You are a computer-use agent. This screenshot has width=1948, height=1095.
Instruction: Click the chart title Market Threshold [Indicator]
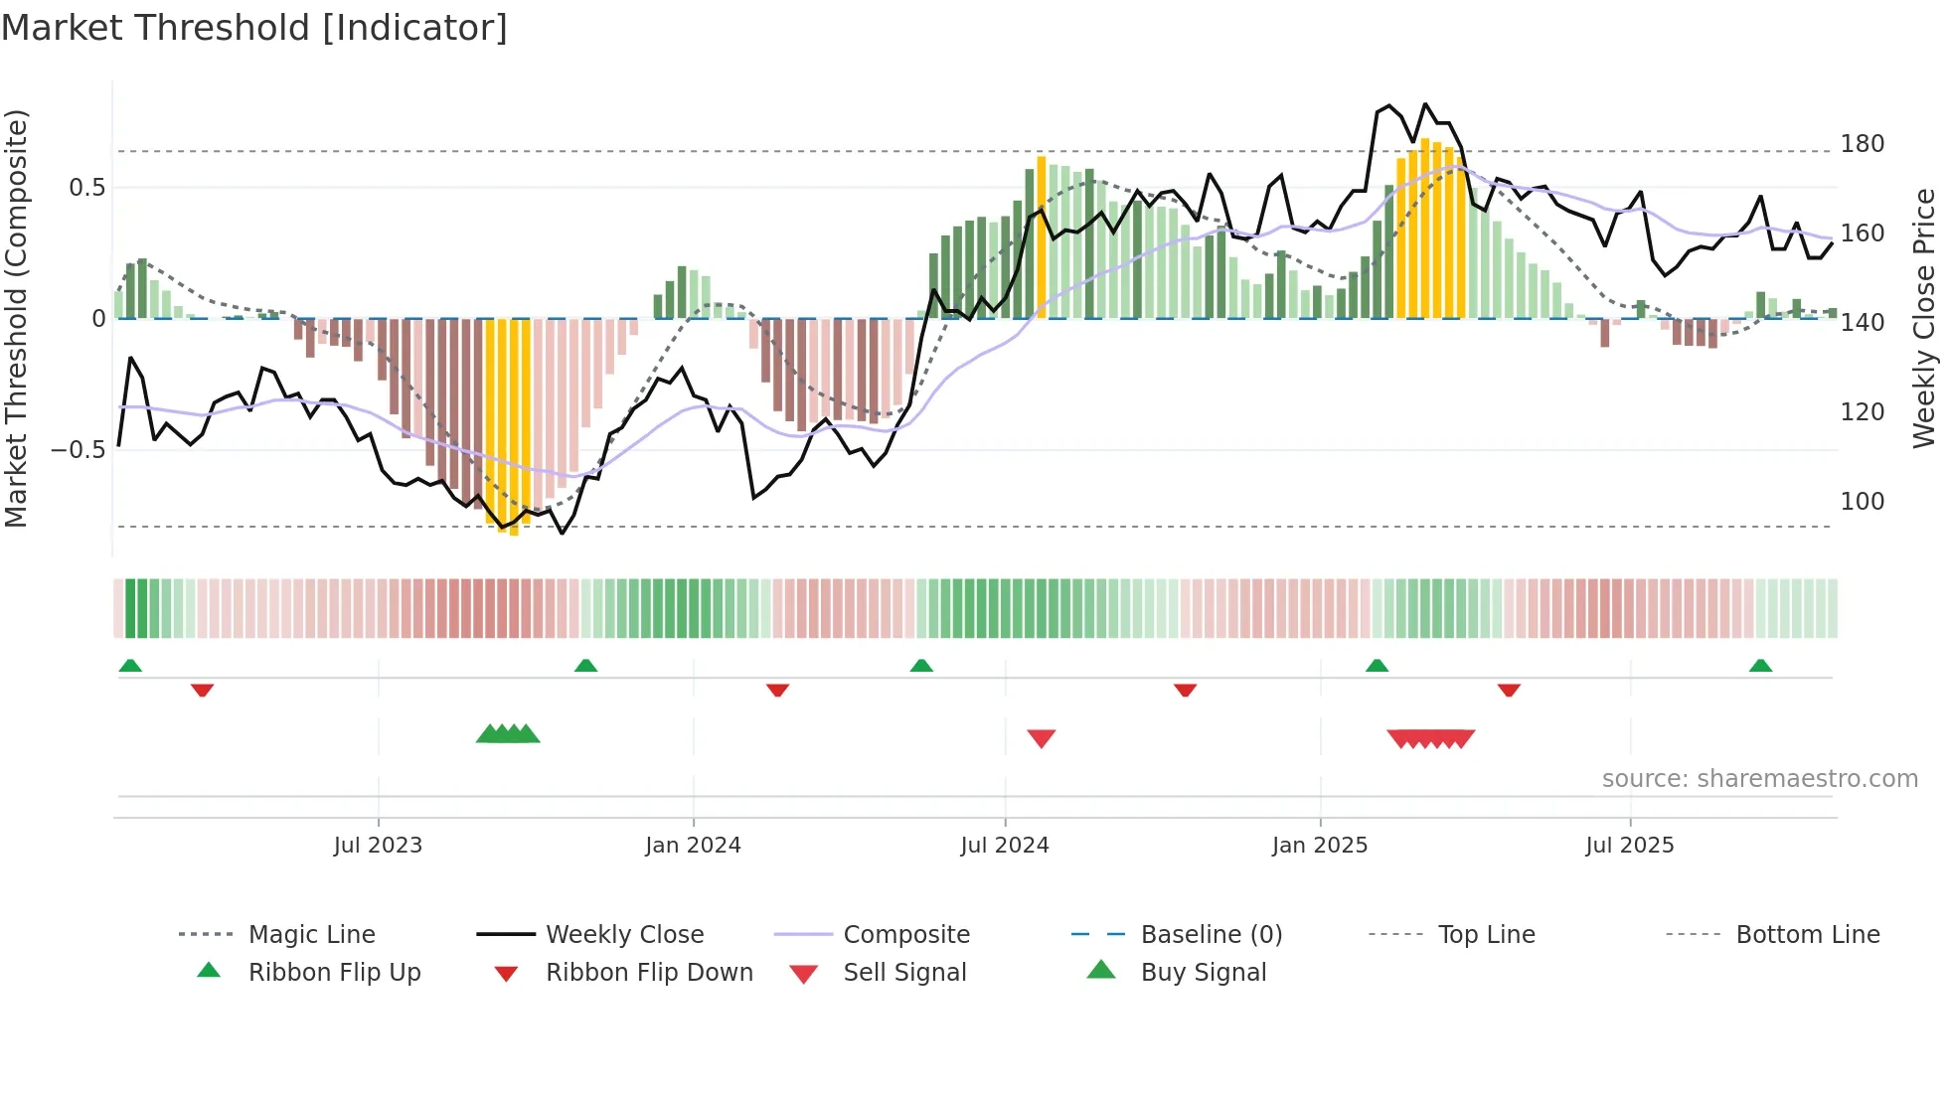[254, 28]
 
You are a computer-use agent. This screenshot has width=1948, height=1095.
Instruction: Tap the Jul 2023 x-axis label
[378, 846]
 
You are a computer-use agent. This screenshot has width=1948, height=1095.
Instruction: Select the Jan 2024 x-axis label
[693, 846]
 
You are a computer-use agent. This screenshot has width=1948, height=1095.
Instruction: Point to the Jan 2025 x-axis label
[1319, 846]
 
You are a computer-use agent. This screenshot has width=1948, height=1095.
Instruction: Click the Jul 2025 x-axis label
[1629, 846]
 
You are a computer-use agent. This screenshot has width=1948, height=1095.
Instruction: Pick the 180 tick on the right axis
[1862, 144]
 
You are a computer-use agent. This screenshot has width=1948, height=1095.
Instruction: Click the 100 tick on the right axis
[1862, 502]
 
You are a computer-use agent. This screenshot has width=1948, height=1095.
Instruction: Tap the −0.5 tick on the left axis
[78, 450]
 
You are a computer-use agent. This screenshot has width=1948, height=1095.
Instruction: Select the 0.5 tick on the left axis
[86, 188]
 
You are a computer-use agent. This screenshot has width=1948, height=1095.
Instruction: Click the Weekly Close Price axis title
[1924, 318]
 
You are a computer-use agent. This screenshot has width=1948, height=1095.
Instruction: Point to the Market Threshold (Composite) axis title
[16, 318]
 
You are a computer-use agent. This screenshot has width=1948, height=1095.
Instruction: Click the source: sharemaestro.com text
[1759, 779]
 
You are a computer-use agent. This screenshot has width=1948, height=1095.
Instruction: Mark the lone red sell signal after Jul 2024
[1041, 738]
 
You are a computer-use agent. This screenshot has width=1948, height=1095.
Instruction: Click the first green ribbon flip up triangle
[130, 666]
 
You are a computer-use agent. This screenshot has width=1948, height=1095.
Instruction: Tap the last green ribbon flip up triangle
[1760, 666]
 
